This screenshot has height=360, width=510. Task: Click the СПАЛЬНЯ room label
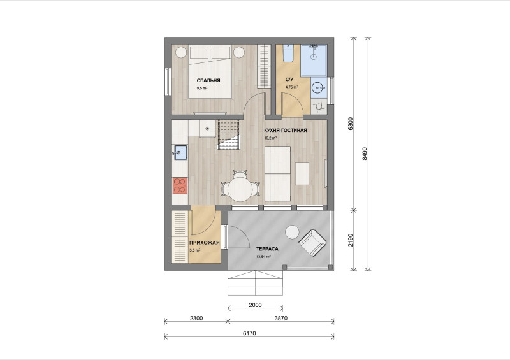(x=208, y=80)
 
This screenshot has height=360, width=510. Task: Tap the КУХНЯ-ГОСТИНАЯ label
(x=285, y=130)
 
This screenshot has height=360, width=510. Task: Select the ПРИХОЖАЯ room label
(x=205, y=243)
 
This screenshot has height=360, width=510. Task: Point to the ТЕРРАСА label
(x=267, y=249)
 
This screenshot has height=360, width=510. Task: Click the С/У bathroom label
(x=289, y=80)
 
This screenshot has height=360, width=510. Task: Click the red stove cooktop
(x=180, y=185)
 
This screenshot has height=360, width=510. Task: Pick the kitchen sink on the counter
(x=180, y=152)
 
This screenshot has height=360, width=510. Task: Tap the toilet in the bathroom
(x=288, y=53)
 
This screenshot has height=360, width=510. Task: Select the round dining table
(x=240, y=190)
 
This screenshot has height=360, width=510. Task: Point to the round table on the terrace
(x=292, y=233)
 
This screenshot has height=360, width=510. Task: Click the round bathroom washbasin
(x=317, y=87)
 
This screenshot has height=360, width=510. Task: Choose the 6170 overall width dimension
(x=249, y=333)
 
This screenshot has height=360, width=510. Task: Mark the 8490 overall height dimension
(x=365, y=154)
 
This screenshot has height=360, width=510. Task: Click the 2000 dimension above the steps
(x=256, y=305)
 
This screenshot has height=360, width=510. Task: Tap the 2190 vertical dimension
(x=350, y=240)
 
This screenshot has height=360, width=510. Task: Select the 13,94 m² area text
(x=263, y=257)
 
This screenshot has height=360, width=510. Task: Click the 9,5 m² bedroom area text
(x=202, y=88)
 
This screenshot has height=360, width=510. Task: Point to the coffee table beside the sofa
(x=302, y=174)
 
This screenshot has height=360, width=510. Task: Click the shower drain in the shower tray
(x=314, y=57)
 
